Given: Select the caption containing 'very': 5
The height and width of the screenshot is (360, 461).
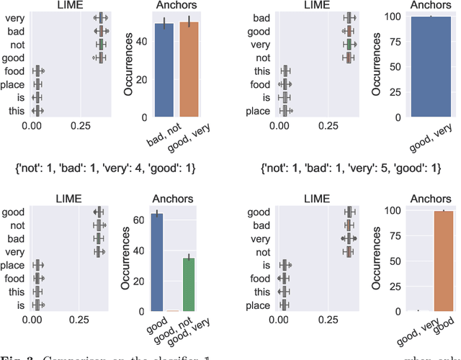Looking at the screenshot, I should [349, 168].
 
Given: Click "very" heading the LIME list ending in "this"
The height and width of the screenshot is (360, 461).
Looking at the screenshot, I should [15, 17].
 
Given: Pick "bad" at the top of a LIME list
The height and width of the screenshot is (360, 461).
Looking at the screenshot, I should [264, 17].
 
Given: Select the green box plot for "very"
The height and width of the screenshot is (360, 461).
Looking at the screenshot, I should [349, 44].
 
